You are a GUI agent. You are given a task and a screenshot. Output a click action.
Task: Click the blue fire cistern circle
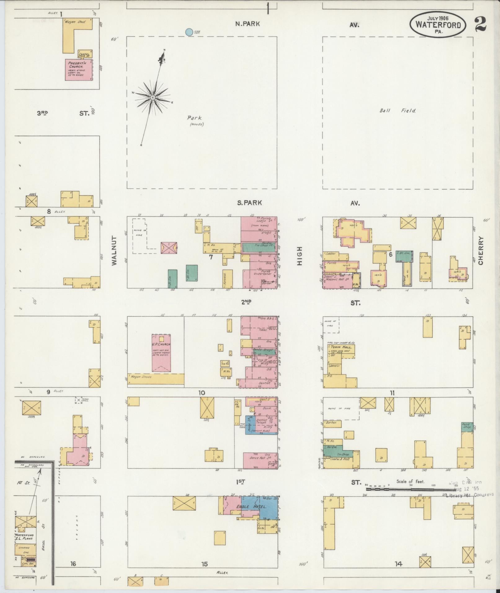tap(188, 32)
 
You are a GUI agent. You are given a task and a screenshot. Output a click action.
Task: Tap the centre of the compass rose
tap(153, 98)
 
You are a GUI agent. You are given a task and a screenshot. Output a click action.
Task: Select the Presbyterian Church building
tap(79, 70)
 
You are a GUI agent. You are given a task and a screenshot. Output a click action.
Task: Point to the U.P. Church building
tap(161, 352)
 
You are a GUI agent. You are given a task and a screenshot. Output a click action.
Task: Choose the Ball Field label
tap(398, 111)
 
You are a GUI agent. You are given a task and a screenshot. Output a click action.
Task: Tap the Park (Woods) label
tap(195, 121)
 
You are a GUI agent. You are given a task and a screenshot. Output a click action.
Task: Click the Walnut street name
tap(114, 250)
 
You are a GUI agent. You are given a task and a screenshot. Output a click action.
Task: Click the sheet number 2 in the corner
tap(480, 24)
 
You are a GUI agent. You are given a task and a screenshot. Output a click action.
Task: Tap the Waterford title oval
tap(438, 24)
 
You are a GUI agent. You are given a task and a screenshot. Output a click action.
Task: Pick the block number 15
tap(204, 564)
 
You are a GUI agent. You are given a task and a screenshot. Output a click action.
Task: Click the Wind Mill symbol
tap(79, 400)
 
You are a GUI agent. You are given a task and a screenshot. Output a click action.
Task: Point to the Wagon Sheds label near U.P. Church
tap(143, 377)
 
